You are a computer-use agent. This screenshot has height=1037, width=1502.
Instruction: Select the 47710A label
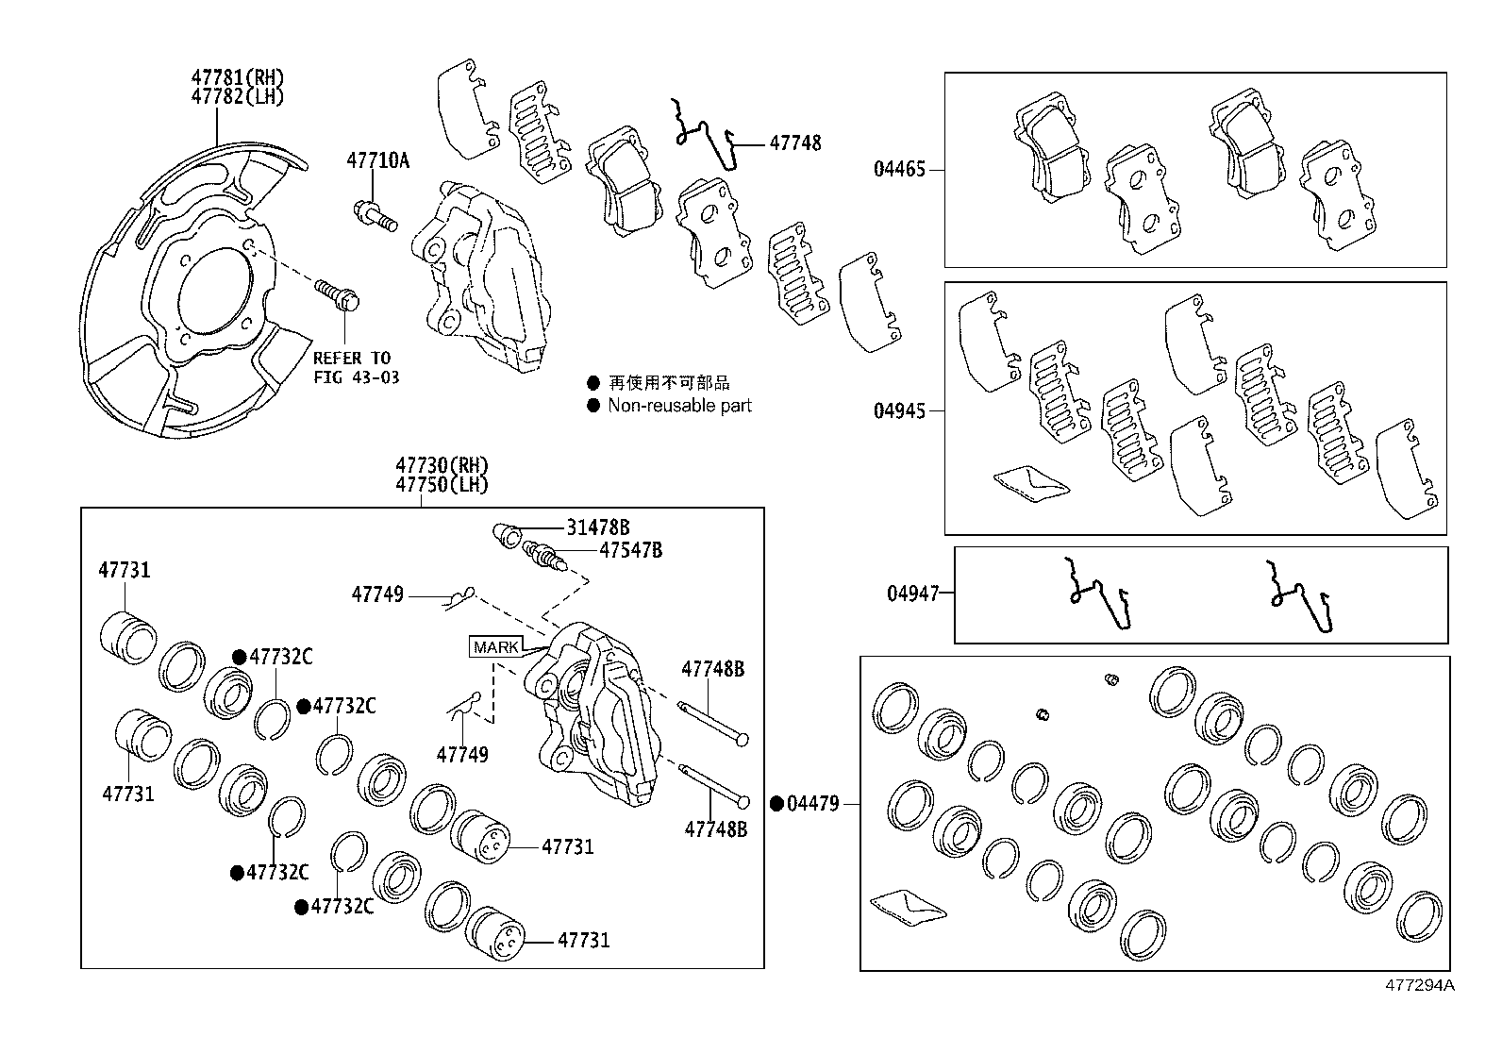[x=377, y=160]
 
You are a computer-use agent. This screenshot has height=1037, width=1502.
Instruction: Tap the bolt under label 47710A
[x=375, y=214]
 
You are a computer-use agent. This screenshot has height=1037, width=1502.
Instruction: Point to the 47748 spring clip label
[x=794, y=143]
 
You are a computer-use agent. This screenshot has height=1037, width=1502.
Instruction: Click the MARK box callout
[x=495, y=647]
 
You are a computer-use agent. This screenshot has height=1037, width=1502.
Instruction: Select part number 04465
[x=899, y=170]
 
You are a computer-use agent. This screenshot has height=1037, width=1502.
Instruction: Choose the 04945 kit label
[x=899, y=411]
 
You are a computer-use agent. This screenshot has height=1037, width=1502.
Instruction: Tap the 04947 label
[x=912, y=594]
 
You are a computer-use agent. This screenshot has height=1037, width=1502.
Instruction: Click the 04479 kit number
[x=812, y=804]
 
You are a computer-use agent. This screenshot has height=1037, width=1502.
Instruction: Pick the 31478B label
[x=597, y=528]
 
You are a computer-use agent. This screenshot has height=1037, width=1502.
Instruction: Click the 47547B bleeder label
[x=630, y=550]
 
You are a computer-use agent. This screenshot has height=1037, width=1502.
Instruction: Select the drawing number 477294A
[x=1419, y=986]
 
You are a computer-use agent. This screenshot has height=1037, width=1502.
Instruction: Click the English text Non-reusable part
[x=679, y=406]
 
